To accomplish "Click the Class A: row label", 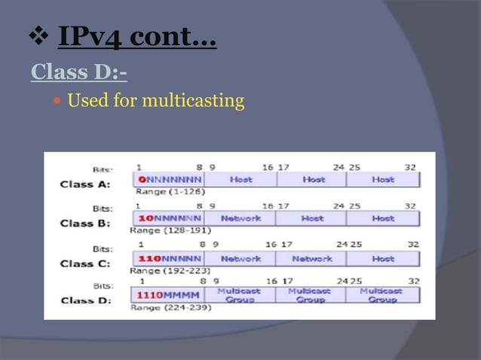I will (85, 183).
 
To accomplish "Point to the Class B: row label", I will (85, 223).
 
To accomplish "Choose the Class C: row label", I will (85, 263).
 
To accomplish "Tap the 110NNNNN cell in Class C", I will (169, 258).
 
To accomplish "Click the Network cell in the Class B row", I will (240, 218).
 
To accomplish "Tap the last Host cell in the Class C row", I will (382, 258).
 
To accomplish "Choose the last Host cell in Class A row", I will (382, 180).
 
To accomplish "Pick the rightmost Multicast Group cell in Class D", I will (381, 294).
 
